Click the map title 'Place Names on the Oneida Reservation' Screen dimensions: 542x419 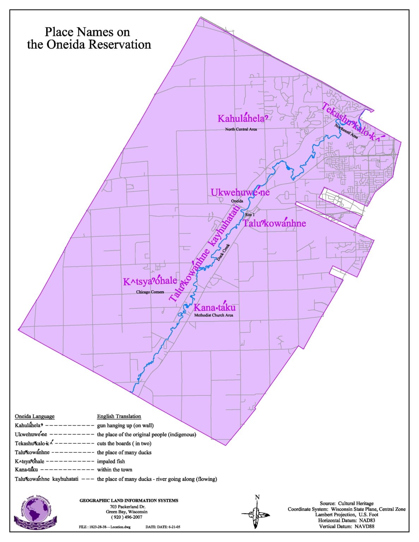click(x=89, y=38)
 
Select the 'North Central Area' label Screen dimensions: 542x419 click(x=241, y=130)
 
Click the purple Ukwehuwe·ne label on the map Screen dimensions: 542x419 click(x=240, y=192)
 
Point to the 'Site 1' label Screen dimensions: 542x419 click(x=250, y=215)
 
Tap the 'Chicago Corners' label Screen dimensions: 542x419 click(x=150, y=292)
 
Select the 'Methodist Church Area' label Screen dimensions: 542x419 click(x=214, y=315)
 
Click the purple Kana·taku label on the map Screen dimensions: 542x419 click(x=214, y=307)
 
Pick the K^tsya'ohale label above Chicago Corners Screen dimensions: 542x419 click(x=150, y=281)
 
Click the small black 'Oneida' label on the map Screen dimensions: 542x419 click(x=237, y=201)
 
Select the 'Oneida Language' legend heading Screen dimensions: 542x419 click(x=35, y=416)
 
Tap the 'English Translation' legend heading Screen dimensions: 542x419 click(x=119, y=416)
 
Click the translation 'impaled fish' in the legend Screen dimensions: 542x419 click(x=111, y=461)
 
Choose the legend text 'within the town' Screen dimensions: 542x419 click(x=115, y=470)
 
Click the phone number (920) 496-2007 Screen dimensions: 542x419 click(x=127, y=517)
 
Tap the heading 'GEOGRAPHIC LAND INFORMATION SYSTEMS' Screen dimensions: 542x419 click(x=129, y=500)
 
